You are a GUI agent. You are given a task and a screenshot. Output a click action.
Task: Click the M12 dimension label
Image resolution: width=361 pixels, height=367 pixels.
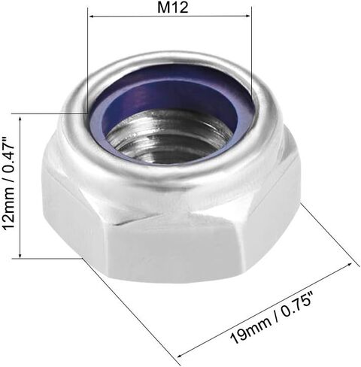[173, 8]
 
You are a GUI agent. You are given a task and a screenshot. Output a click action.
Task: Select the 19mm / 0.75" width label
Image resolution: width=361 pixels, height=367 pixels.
[272, 317]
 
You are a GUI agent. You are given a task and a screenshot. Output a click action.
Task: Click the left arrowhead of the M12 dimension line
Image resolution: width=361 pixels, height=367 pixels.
[92, 17]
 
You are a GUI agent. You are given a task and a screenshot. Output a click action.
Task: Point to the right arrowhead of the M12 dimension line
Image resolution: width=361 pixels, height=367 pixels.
[247, 16]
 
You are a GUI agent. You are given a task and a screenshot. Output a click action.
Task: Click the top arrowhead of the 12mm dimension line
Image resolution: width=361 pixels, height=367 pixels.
[20, 120]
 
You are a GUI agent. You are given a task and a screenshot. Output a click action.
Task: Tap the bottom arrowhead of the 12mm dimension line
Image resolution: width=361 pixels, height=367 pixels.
[20, 255]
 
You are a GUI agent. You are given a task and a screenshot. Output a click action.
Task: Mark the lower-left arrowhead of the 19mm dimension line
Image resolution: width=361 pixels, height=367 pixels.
[180, 355]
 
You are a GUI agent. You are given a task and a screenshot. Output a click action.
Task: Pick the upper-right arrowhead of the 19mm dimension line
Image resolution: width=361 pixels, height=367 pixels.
[349, 265]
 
